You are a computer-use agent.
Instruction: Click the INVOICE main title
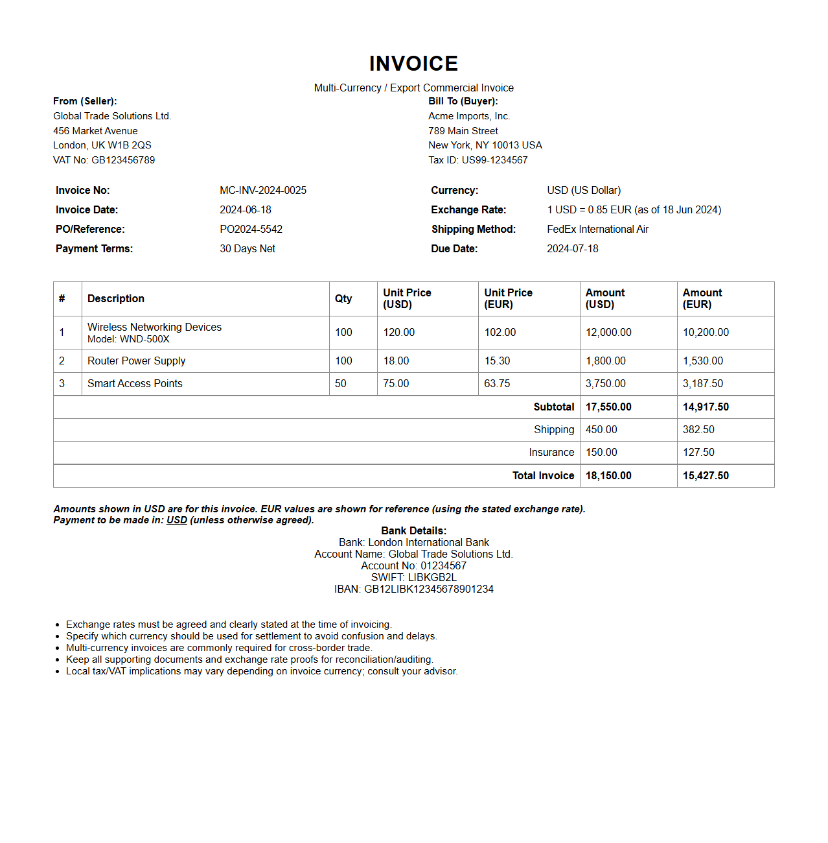coord(413,64)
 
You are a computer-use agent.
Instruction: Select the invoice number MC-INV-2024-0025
coord(263,190)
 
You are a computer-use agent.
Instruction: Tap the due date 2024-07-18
coord(572,248)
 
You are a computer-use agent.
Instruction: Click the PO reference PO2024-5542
coord(251,229)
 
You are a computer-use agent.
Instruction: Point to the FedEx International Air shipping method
coord(597,229)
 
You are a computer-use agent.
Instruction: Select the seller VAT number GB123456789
coord(123,160)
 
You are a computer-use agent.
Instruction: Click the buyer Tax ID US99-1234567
coord(494,160)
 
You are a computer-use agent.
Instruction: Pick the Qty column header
coord(343,298)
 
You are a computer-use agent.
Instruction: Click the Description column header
coord(116,298)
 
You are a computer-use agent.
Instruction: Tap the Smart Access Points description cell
coord(135,383)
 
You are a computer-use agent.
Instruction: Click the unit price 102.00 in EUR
coord(500,332)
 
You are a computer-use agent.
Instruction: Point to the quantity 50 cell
coord(341,383)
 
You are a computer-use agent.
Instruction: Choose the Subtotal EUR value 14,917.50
coord(706,407)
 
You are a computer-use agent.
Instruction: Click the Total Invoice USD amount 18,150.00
coord(608,475)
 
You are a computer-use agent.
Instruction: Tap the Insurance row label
coord(551,452)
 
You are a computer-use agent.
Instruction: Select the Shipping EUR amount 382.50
coord(698,429)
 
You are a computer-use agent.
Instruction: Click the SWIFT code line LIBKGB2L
coord(413,577)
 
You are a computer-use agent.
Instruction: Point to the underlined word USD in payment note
coord(177,520)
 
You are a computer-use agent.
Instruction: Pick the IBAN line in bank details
coord(413,589)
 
